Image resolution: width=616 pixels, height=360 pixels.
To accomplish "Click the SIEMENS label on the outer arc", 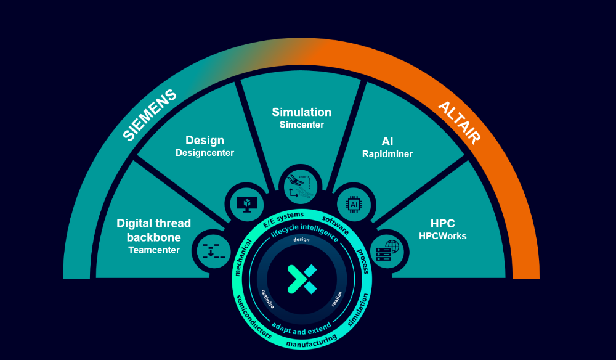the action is click(150, 115).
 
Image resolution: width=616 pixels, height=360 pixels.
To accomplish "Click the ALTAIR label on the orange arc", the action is click(460, 123).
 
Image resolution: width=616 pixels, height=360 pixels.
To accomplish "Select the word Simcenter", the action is click(302, 125).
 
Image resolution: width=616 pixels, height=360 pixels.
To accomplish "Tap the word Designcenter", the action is click(205, 153).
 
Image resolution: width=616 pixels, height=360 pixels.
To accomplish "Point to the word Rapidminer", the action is click(387, 154).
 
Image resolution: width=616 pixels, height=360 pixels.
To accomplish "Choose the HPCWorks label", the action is click(443, 236).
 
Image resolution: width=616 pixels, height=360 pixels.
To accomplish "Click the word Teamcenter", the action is click(154, 250).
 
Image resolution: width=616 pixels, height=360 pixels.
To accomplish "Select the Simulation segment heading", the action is click(302, 112).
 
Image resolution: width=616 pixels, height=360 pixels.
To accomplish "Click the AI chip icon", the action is click(354, 205).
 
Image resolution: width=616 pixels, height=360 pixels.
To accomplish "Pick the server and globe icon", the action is click(387, 251).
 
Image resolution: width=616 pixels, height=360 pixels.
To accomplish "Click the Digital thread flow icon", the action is click(213, 251).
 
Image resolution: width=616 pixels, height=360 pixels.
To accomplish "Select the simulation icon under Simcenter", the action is click(301, 186).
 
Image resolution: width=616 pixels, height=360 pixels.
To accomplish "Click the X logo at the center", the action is click(302, 279).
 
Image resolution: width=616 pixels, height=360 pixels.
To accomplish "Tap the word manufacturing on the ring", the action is click(312, 342).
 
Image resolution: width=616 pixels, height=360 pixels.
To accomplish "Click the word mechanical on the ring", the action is click(242, 258).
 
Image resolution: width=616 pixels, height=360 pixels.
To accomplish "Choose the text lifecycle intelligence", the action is click(304, 231).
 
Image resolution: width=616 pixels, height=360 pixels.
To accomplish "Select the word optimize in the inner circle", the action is click(267, 299).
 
